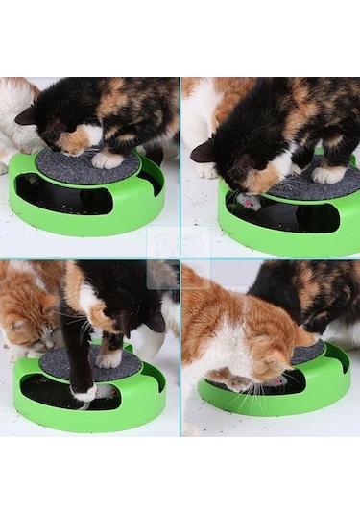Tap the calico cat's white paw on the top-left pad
click(x=108, y=159)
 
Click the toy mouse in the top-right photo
click(x=250, y=202)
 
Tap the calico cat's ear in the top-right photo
click(x=204, y=151)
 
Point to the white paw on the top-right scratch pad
click(x=329, y=174)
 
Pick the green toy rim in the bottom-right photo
click(x=288, y=402)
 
